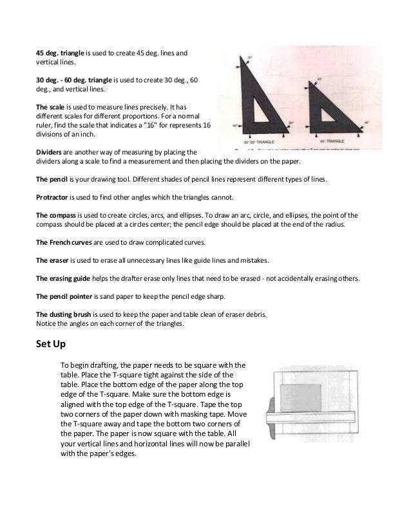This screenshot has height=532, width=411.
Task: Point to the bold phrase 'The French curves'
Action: (63, 242)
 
